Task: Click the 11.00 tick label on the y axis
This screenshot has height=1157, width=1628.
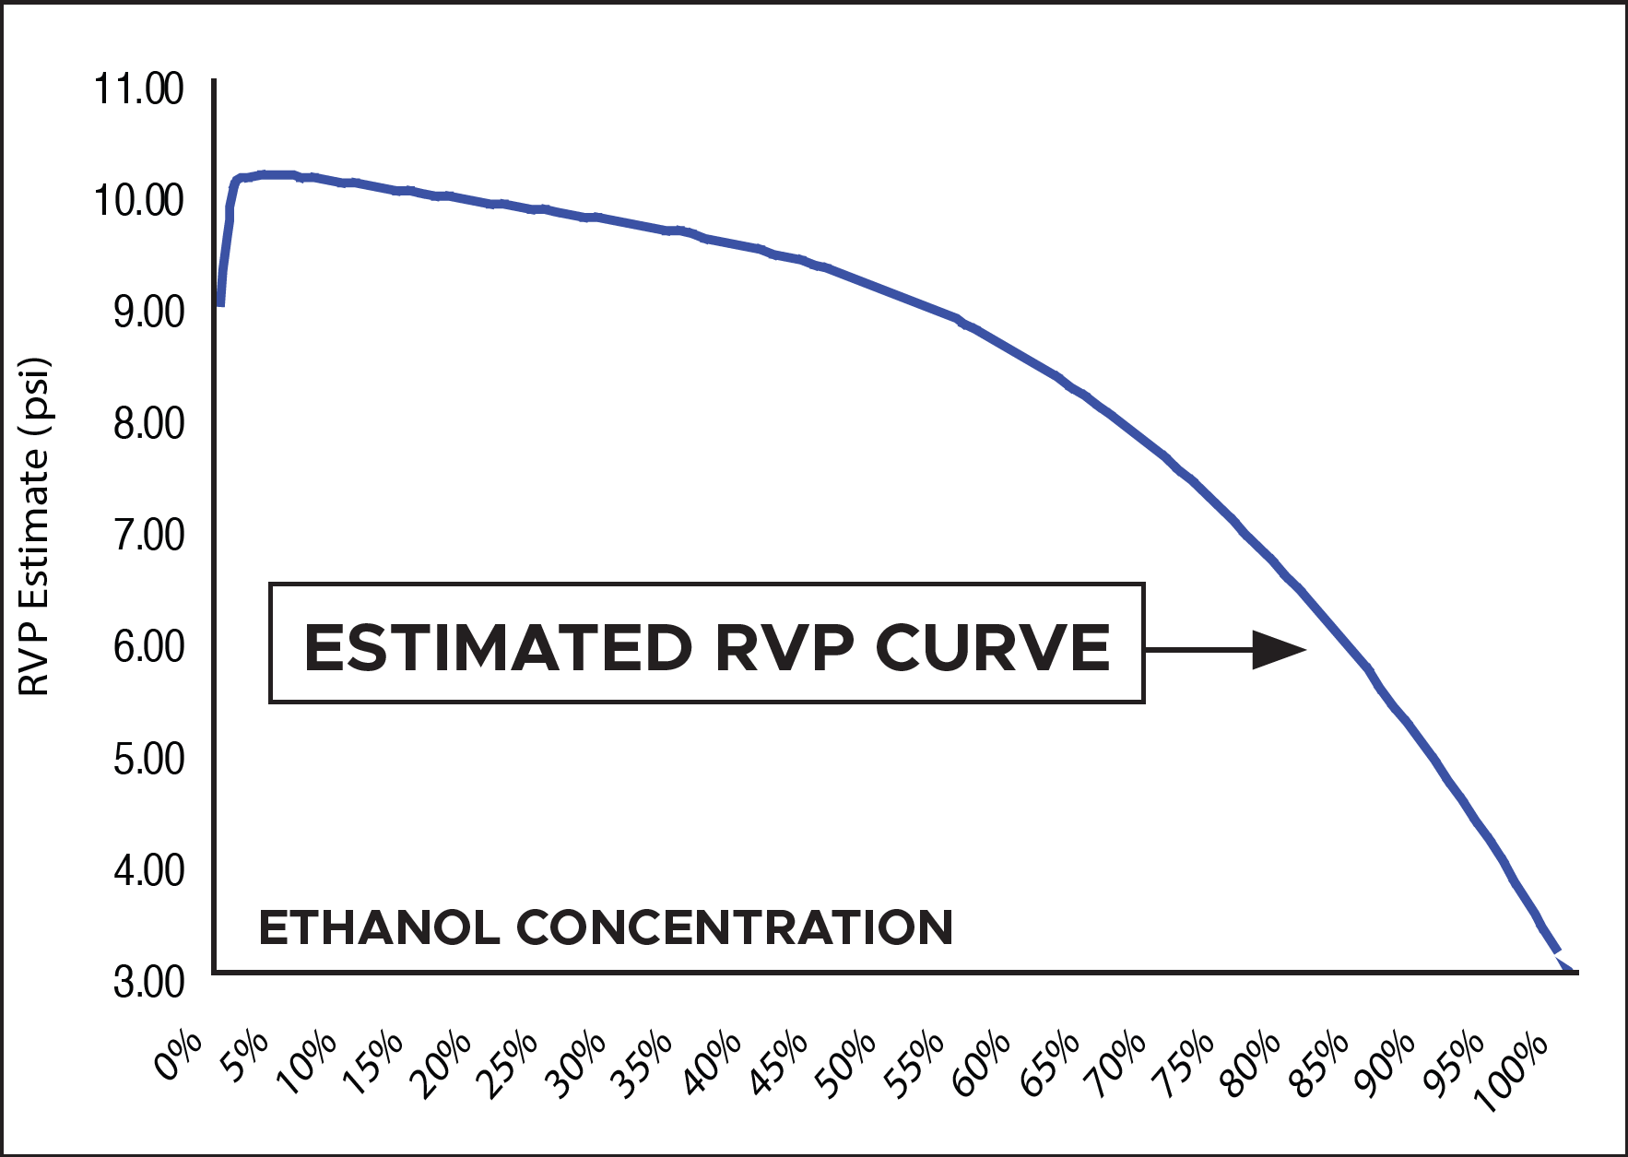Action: click(x=139, y=89)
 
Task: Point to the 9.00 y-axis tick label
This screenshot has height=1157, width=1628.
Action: click(x=148, y=313)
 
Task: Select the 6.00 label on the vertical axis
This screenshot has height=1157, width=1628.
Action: click(x=148, y=647)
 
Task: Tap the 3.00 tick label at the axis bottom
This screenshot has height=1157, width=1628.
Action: click(x=148, y=982)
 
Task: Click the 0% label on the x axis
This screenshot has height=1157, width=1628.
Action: click(x=179, y=1056)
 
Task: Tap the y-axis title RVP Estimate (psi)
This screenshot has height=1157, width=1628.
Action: click(x=34, y=527)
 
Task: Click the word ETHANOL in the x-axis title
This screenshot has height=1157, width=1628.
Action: click(x=379, y=927)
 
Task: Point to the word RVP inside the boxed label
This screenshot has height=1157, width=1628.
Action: click(x=785, y=647)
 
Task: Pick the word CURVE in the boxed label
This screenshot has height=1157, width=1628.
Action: click(x=992, y=647)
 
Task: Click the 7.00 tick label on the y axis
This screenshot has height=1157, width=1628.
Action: click(x=148, y=536)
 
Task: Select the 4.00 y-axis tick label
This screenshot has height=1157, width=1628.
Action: click(x=148, y=870)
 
